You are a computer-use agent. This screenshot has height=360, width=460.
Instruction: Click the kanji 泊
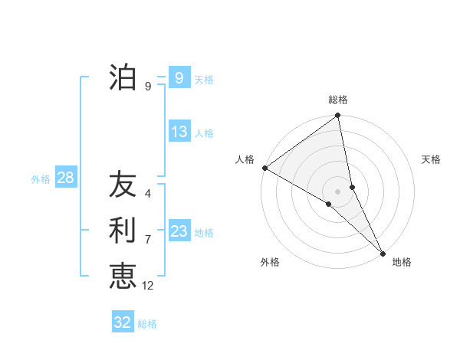click(123, 77)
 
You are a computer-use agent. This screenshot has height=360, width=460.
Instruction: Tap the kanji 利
click(123, 231)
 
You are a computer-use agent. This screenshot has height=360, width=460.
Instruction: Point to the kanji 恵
click(123, 275)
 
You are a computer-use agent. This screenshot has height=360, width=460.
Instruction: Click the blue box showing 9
click(179, 77)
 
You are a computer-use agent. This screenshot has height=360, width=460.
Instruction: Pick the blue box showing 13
click(179, 132)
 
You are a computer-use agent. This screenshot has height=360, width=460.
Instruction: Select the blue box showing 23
click(179, 231)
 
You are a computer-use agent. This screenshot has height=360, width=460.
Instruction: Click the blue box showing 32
click(123, 322)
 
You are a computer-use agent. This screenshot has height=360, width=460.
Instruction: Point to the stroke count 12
click(148, 286)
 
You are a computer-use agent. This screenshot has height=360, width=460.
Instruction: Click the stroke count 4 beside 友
click(148, 194)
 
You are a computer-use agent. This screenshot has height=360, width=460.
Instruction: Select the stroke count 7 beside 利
click(148, 240)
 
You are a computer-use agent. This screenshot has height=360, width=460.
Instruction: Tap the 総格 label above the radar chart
click(338, 100)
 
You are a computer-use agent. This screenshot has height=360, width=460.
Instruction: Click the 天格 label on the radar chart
click(432, 159)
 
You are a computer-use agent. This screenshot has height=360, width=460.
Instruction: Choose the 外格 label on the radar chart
click(270, 263)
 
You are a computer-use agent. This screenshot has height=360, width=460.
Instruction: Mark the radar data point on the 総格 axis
click(338, 116)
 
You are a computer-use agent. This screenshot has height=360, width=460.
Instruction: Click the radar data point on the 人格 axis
click(264, 168)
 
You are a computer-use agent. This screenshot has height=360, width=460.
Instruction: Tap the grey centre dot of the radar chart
click(337, 191)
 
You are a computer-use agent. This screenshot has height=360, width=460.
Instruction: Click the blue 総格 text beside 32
click(147, 324)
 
